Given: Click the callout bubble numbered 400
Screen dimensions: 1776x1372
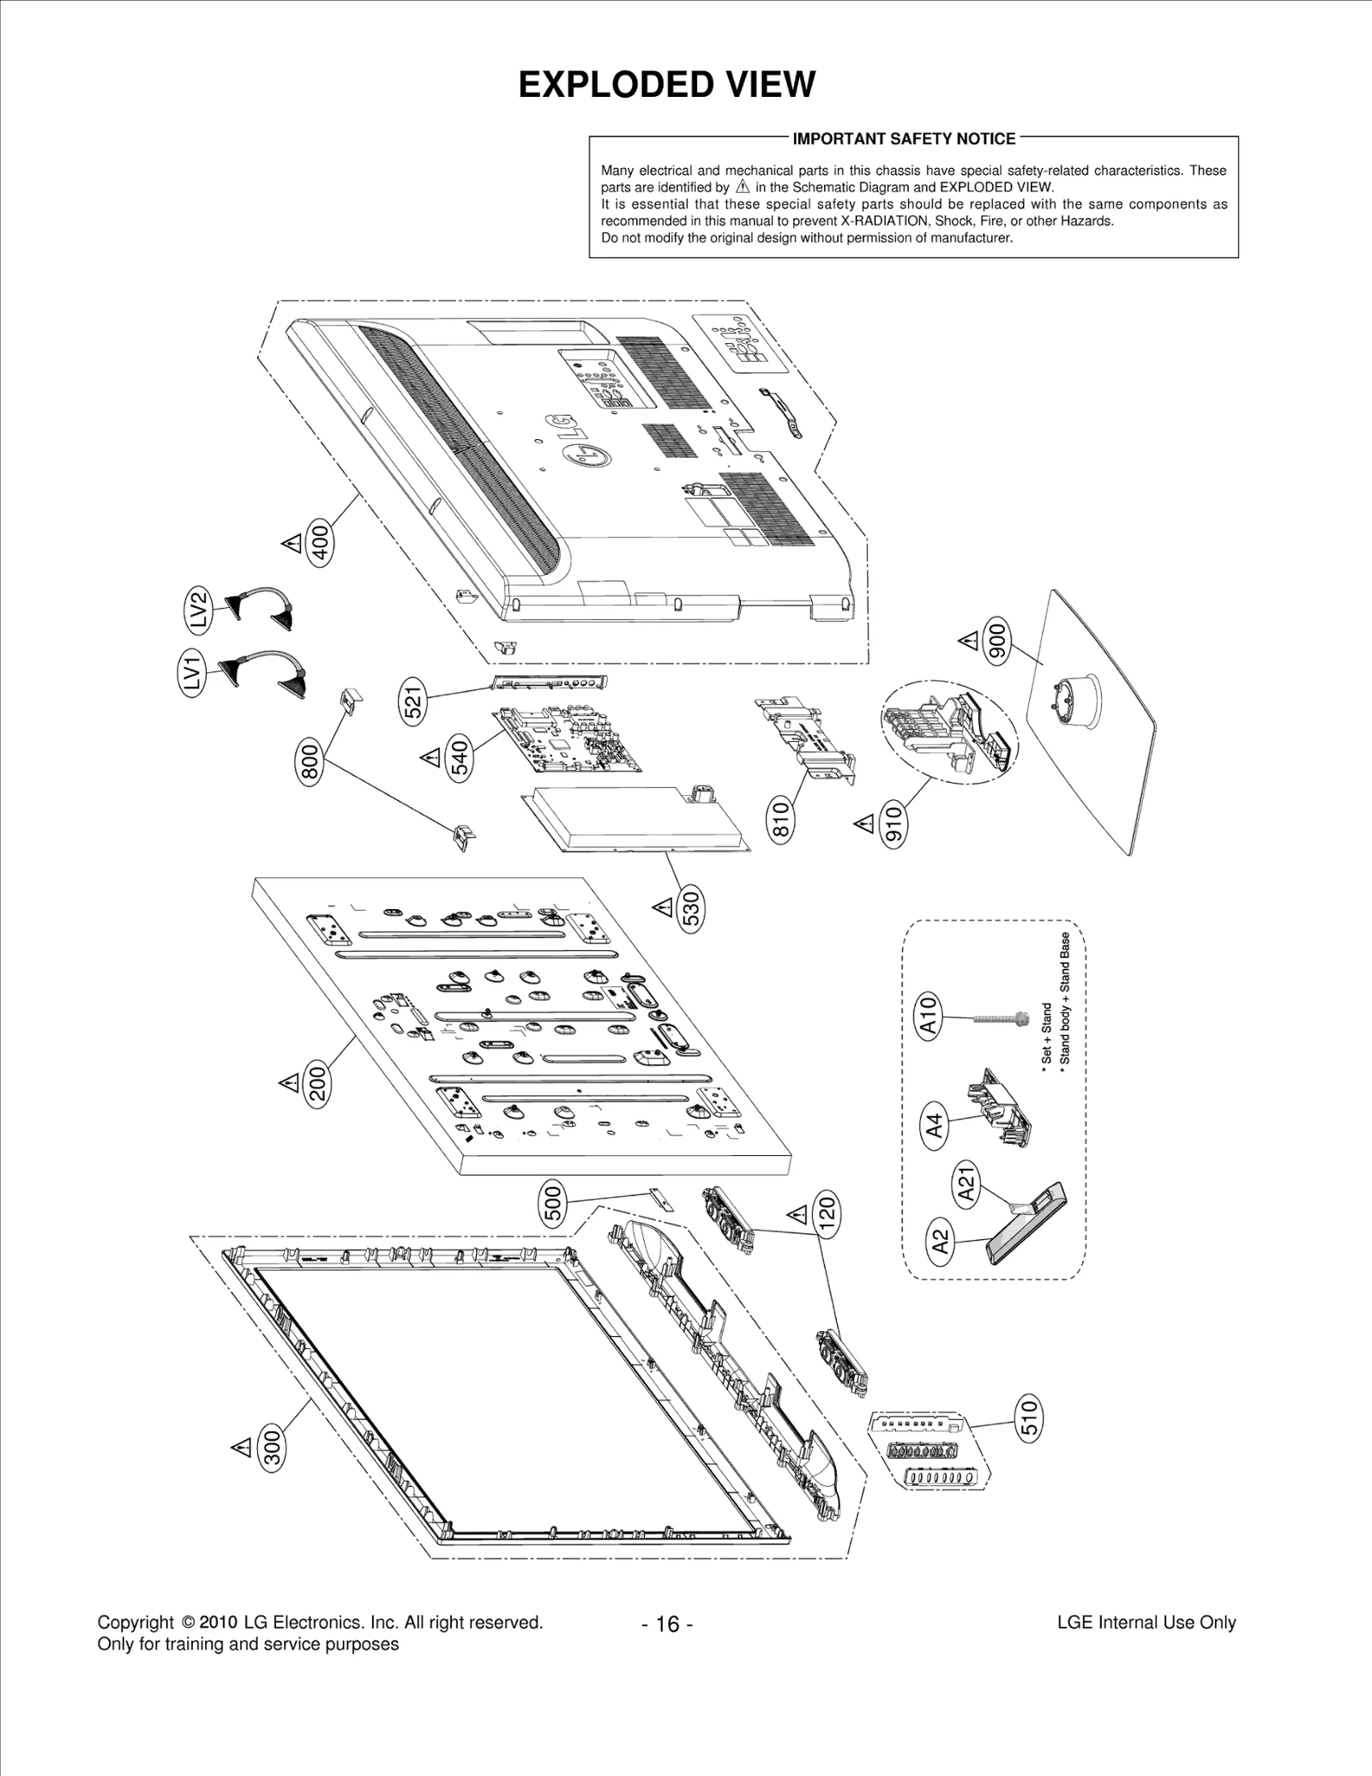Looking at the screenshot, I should point(319,543).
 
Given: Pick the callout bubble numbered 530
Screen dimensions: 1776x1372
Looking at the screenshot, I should point(691,908).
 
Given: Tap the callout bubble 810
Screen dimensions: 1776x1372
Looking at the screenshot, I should point(780,818).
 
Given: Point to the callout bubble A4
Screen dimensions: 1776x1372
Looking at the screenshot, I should point(935,1124).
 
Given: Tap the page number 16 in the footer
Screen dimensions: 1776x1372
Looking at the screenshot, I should point(667,1624).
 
